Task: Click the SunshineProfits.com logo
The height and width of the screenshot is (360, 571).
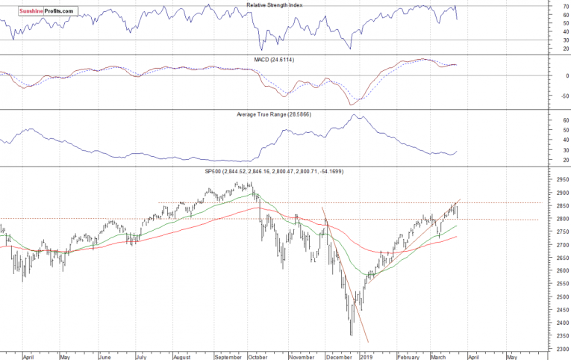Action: click(x=40, y=12)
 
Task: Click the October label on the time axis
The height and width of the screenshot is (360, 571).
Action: click(x=258, y=357)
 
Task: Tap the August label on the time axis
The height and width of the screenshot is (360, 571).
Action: click(x=183, y=357)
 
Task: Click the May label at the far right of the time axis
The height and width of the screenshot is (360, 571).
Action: click(x=511, y=357)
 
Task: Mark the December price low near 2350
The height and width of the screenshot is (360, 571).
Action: click(x=352, y=335)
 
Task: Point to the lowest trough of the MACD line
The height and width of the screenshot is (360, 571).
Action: click(x=350, y=105)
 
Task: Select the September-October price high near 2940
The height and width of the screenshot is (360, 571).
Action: click(x=250, y=182)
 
